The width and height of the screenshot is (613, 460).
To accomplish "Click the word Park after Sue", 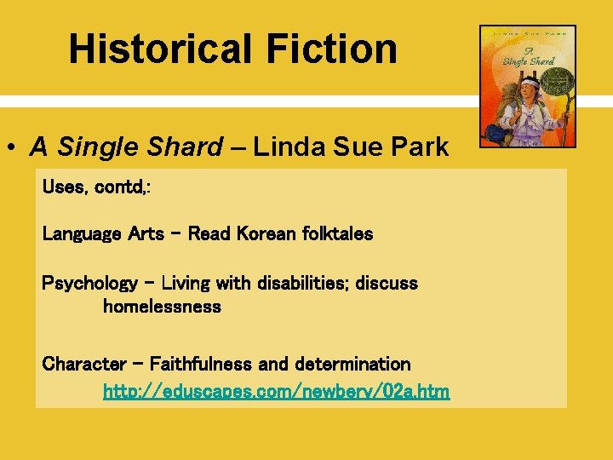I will click(418, 147).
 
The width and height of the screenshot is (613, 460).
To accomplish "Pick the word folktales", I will click(338, 233).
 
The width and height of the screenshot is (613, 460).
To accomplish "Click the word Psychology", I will click(89, 284).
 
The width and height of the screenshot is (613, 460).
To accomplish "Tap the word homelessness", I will click(162, 307).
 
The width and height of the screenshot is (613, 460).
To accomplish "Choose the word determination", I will click(352, 365).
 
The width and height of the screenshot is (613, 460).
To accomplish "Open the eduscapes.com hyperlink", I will click(276, 392).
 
